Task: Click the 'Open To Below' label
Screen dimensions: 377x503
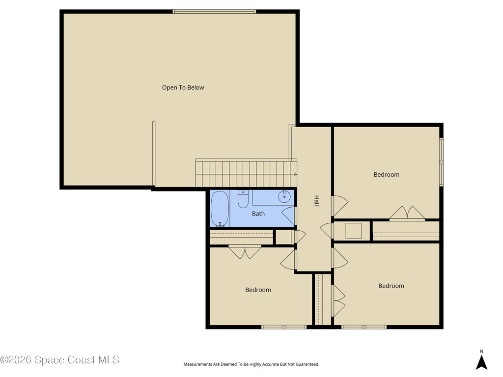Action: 183,87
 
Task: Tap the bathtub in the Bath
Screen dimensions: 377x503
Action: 220,208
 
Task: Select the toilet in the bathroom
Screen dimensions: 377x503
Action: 243,199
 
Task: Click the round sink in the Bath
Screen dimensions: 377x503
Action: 285,197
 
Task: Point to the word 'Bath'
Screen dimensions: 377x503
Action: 258,214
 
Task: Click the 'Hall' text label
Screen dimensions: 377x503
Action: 317,201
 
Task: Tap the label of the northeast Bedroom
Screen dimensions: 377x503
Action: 386,174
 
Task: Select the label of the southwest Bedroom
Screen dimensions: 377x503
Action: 258,290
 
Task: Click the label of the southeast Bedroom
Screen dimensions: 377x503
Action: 391,286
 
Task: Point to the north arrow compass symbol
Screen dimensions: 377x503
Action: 481,362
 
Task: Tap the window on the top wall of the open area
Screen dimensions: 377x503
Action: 214,11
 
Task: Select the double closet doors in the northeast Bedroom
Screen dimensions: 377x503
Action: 407,214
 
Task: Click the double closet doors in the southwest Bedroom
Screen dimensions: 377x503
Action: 245,252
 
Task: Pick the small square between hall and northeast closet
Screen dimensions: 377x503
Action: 353,231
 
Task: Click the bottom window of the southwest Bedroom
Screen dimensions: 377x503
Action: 283,326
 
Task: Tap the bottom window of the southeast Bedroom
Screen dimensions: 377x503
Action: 363,326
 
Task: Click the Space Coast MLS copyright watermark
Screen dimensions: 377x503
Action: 59,360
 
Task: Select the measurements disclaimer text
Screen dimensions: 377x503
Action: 251,364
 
